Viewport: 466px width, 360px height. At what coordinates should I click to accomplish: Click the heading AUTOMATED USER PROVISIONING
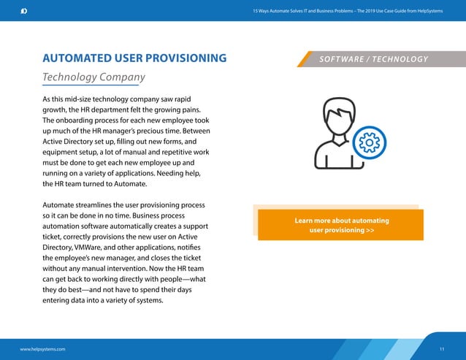point(134,58)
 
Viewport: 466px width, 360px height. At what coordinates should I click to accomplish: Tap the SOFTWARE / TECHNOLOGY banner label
point(373,59)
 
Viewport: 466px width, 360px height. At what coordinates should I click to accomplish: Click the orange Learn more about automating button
point(341,225)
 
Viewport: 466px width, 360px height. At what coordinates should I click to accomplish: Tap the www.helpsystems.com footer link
point(42,349)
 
